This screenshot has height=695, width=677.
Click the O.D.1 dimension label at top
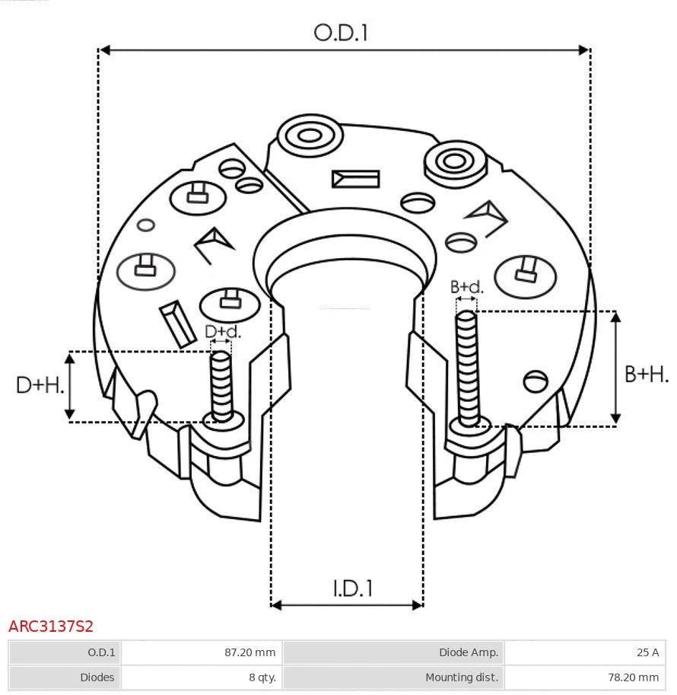point(341,33)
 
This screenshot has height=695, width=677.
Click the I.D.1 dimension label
point(352,588)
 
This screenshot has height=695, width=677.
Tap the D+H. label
point(40,385)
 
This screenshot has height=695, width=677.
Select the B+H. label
point(647,374)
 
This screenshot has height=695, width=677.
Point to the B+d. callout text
point(466,287)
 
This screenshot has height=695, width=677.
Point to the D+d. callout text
point(222,332)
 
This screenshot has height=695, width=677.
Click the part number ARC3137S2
point(51,626)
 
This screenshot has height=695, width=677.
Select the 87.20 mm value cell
point(202,652)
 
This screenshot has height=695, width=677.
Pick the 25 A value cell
point(584,652)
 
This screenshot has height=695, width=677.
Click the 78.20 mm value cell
point(584,677)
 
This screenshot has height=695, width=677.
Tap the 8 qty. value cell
point(202,677)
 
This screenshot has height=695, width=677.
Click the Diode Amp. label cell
point(393,652)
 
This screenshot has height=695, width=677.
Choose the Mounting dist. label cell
point(393,677)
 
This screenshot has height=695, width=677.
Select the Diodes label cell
point(65,677)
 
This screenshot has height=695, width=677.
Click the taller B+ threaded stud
point(467,369)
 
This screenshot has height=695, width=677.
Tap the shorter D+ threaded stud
point(221,385)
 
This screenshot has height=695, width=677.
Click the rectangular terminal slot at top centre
point(355,179)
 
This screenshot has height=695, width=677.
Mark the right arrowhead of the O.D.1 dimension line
point(584,50)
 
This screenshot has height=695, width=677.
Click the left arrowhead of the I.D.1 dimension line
point(276,605)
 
